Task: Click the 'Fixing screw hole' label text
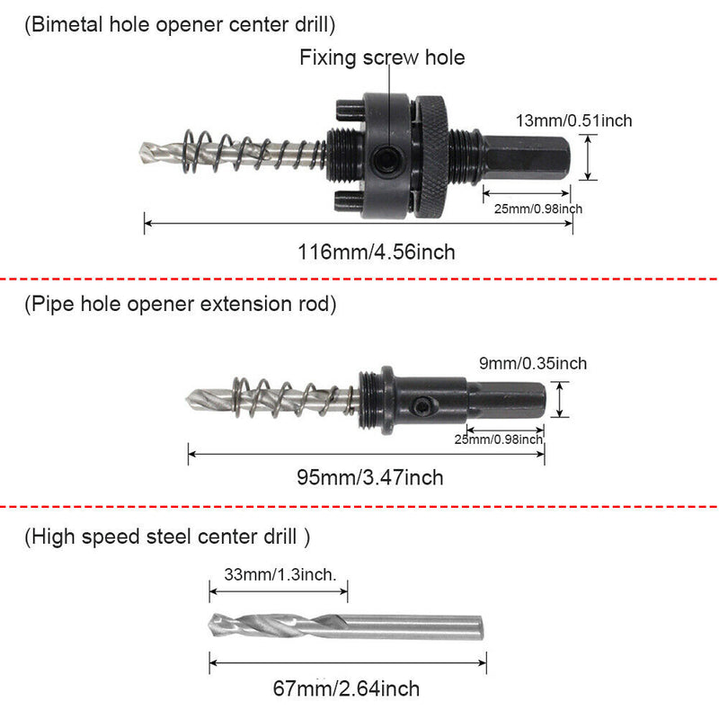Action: pos(382,58)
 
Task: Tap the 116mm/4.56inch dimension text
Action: pos(377,253)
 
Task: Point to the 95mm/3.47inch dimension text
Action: pos(369,477)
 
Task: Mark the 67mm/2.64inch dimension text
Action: pos(346,689)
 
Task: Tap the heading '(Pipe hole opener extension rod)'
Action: pos(181,304)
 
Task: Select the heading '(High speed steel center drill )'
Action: pos(167,537)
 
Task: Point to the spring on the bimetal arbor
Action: pos(252,151)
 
